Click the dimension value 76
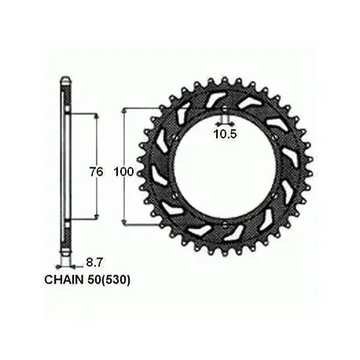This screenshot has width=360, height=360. click(x=97, y=172)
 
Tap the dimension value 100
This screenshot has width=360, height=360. click(x=123, y=172)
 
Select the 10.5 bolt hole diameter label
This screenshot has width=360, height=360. click(x=225, y=134)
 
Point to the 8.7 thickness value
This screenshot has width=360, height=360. click(x=94, y=263)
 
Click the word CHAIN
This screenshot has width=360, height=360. click(x=64, y=280)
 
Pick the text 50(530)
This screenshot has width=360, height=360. click(x=108, y=280)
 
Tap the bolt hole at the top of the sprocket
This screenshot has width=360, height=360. click(x=225, y=110)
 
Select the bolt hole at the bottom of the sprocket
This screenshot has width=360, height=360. click(x=225, y=223)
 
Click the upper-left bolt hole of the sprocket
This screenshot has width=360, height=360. click(x=175, y=138)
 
